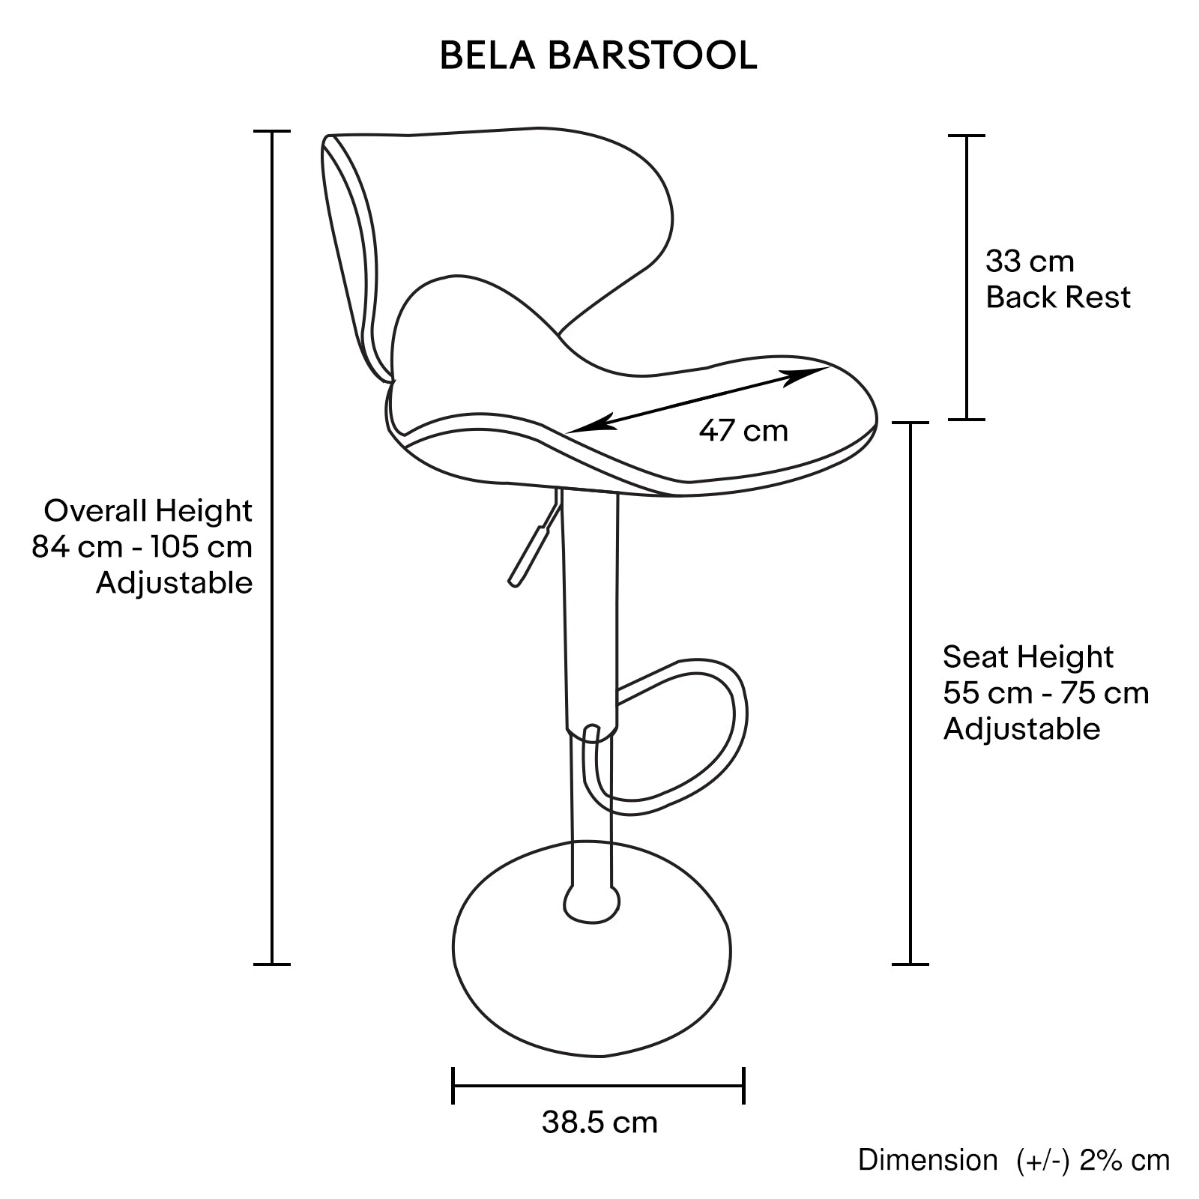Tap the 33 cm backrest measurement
(1030, 262)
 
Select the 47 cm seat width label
(743, 431)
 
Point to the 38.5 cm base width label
(599, 1123)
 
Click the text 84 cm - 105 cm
(142, 547)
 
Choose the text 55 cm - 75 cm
(1045, 693)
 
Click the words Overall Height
(148, 511)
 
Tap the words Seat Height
(1028, 657)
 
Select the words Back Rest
(1057, 298)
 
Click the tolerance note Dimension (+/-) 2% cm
(1014, 1160)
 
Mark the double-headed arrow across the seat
(698, 400)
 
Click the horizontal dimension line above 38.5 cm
(599, 1085)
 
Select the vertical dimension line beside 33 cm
(967, 277)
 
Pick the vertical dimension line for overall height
(271, 547)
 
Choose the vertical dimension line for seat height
(910, 693)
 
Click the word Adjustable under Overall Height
(175, 583)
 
